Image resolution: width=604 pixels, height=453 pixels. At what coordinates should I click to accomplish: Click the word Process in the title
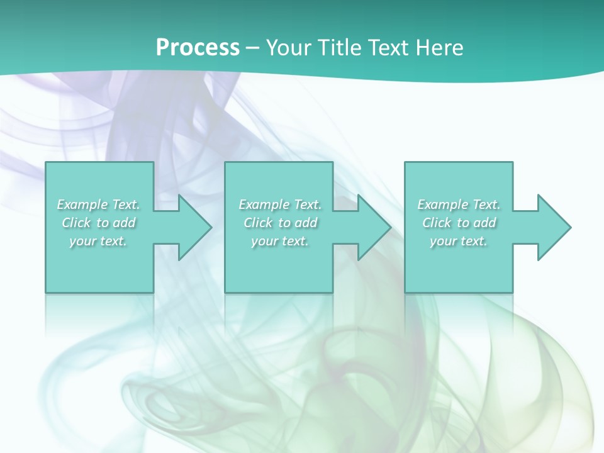198,47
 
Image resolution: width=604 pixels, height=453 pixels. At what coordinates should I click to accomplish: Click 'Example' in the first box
82,204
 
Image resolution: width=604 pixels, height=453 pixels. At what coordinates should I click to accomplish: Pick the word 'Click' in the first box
76,223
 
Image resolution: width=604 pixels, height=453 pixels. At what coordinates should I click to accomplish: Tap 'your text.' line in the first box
98,241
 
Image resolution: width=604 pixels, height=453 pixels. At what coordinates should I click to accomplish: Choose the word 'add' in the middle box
306,223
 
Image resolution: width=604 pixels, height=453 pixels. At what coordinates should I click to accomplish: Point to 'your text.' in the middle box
279,241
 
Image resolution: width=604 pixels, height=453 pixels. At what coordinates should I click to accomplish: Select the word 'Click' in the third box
437,223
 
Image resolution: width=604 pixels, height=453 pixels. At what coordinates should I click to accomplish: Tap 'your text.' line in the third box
459,241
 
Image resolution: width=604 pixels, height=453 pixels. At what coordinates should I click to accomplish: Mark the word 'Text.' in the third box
486,204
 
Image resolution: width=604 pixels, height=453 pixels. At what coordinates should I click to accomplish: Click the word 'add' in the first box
125,223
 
